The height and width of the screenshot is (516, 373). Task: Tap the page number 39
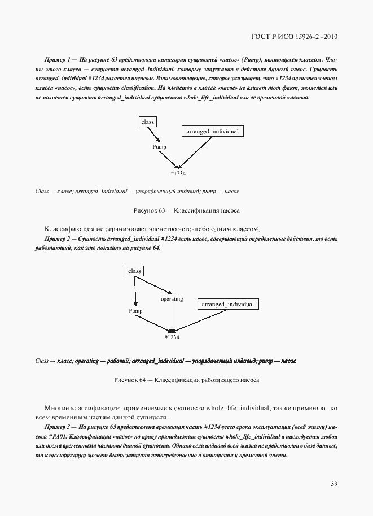[x=334, y=483]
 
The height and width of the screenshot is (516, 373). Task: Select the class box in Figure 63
[x=147, y=122]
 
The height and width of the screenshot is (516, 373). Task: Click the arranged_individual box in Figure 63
[x=212, y=131]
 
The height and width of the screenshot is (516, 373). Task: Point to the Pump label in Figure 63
[x=160, y=146]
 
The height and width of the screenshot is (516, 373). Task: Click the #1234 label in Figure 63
[x=178, y=173]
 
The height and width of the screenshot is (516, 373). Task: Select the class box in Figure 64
[x=134, y=271]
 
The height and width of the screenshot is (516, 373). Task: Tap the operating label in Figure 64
[x=172, y=298]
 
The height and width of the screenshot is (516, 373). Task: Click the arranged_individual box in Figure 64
[x=227, y=304]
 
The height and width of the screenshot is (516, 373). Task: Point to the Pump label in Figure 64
[x=135, y=311]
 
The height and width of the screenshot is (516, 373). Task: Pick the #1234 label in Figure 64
[x=172, y=337]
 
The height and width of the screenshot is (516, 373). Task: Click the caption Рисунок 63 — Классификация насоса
[x=186, y=210]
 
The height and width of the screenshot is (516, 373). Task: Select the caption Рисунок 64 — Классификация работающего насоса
[x=186, y=380]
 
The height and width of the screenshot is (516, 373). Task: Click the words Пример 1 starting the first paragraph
[x=56, y=59]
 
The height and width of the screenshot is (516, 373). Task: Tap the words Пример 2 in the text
[x=56, y=239]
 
